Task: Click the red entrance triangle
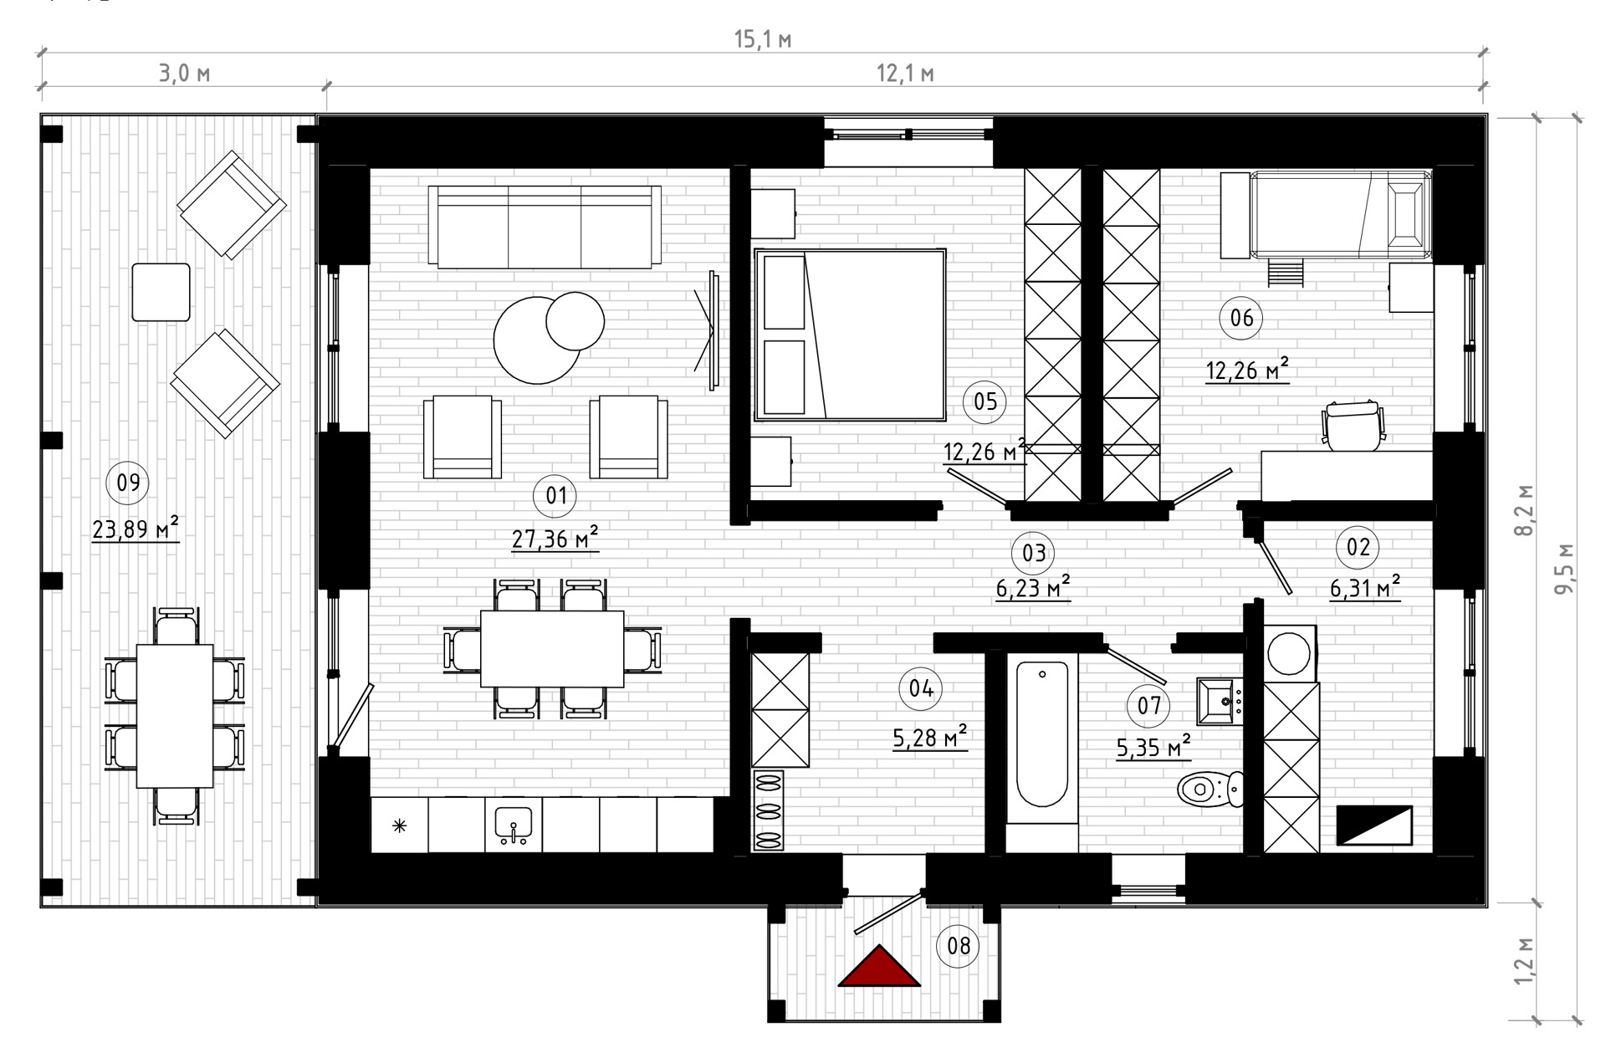click(x=879, y=969)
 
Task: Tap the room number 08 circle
click(x=959, y=946)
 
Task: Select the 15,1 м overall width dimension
click(x=763, y=39)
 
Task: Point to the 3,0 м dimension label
click(x=185, y=74)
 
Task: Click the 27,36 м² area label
click(x=555, y=538)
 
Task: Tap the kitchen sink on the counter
click(x=513, y=825)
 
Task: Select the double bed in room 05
click(x=850, y=335)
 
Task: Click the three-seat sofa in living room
click(x=545, y=227)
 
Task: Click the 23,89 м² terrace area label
click(x=136, y=529)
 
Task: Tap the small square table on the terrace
click(x=161, y=292)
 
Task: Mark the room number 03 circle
click(x=1034, y=553)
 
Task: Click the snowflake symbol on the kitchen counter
click(x=399, y=826)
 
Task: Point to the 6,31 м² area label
click(x=1365, y=588)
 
